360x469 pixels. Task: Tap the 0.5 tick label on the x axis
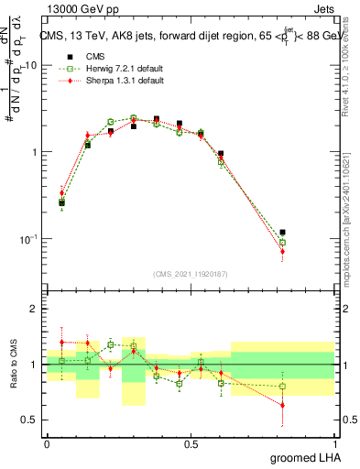click(x=191, y=443)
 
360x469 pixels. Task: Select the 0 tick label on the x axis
click(x=47, y=443)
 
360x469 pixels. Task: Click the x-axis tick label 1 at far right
click(x=334, y=443)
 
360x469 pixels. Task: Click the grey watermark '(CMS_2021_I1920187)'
click(x=191, y=273)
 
